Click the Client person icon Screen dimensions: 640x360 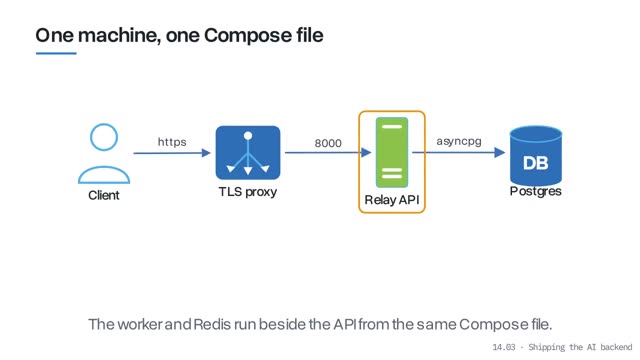(104, 153)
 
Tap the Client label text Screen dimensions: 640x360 (104, 195)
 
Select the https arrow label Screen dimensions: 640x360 (172, 142)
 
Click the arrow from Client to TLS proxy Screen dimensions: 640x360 (172, 153)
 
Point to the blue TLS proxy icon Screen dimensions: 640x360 (248, 153)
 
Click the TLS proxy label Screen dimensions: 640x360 (248, 191)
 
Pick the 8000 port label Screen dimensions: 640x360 (328, 143)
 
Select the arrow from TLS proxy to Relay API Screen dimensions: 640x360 (328, 153)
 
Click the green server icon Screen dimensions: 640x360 (392, 152)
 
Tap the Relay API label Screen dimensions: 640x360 (392, 200)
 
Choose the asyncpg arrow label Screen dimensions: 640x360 (459, 141)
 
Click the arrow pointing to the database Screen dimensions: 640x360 (459, 152)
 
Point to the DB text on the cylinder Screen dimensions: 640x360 (536, 163)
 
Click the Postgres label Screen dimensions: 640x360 (536, 191)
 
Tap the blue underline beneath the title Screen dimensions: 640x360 (56, 53)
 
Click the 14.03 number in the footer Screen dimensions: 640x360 (504, 347)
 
